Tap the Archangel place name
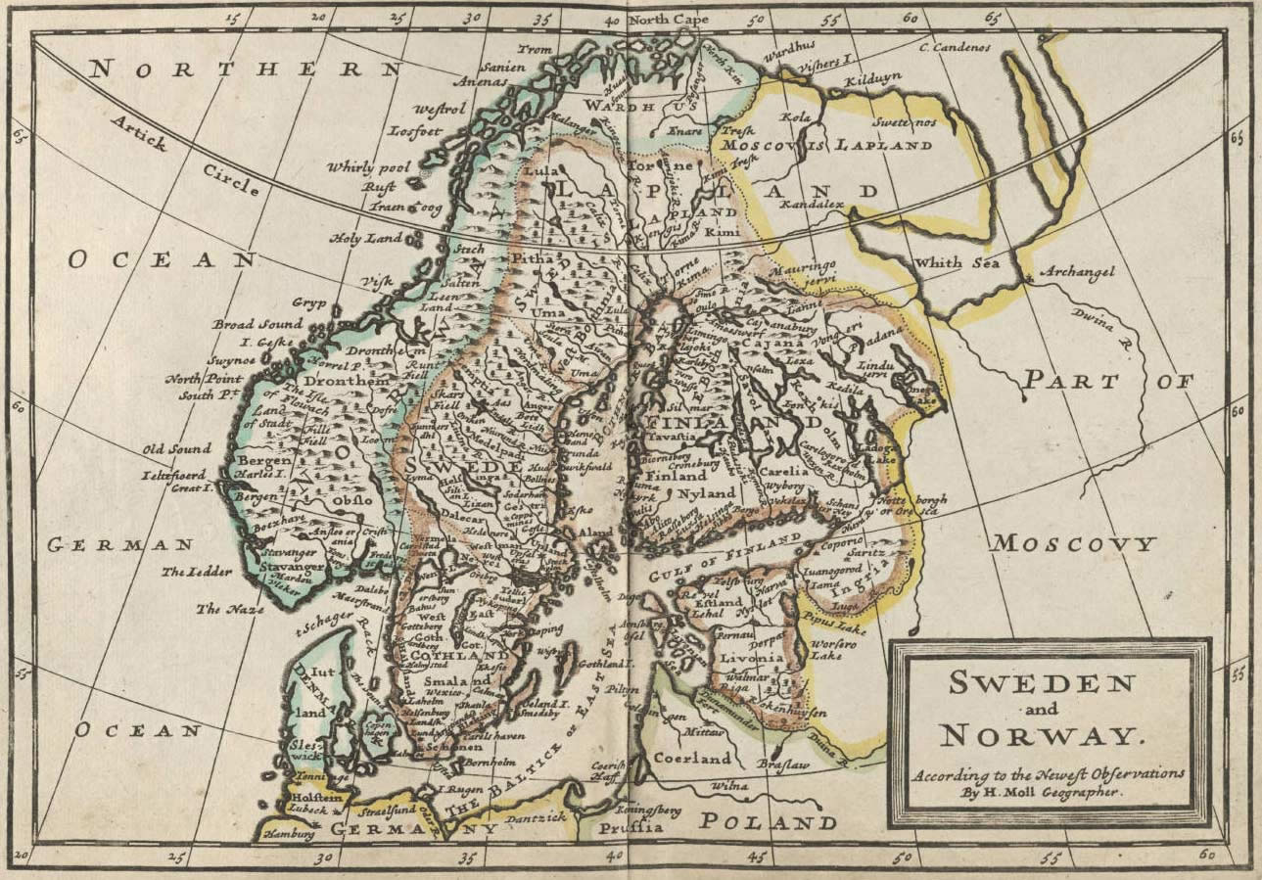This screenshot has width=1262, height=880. [1077, 272]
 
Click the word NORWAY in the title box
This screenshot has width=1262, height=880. [1041, 734]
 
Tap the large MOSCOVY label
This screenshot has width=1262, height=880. [1073, 543]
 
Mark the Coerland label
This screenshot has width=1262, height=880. [692, 759]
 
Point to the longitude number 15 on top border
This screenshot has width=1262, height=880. [232, 17]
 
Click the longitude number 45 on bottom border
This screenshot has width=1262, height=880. [756, 858]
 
